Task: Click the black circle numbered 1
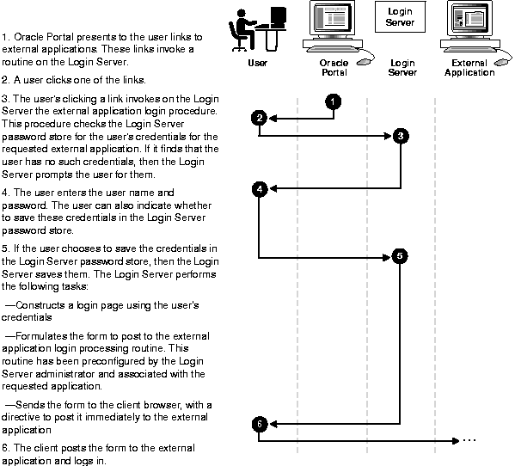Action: [333, 101]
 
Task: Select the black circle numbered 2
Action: [260, 118]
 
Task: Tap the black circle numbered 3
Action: [401, 136]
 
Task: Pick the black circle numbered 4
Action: [260, 189]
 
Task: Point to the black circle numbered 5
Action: [400, 256]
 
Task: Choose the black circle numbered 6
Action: [260, 424]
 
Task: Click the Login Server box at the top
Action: [400, 16]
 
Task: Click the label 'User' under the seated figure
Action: [258, 63]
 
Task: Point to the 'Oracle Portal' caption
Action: [334, 67]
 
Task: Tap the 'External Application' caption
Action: [469, 67]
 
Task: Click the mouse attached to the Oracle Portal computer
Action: [364, 61]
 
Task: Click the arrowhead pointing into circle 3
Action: [389, 136]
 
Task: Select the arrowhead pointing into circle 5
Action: [387, 257]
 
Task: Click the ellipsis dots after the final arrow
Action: [469, 440]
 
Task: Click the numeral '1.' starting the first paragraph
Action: [6, 37]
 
